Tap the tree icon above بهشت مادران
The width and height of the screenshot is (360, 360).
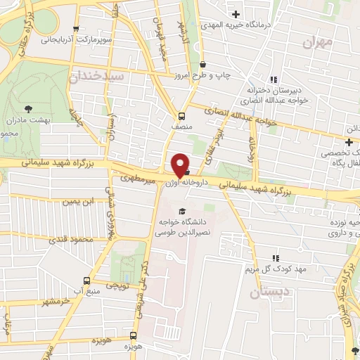[x=27, y=108]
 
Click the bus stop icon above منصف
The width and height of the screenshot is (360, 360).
[x=181, y=115]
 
